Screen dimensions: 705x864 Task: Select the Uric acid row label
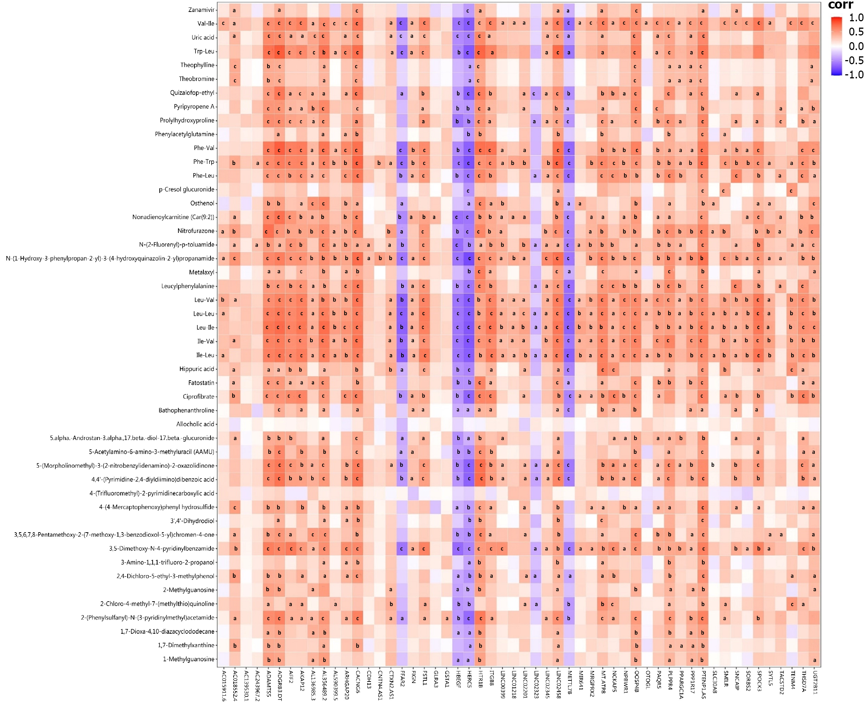click(x=203, y=37)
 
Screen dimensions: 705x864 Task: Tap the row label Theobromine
click(x=197, y=79)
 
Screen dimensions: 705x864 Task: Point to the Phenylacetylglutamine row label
click(x=184, y=134)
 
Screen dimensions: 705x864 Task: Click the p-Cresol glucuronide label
click(x=186, y=189)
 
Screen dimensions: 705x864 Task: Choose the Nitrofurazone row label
click(x=196, y=231)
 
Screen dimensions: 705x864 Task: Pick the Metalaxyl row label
click(x=202, y=272)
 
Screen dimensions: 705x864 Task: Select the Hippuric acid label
click(x=197, y=369)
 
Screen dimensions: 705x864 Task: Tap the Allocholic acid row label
click(x=195, y=424)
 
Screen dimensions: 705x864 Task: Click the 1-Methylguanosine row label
click(x=188, y=659)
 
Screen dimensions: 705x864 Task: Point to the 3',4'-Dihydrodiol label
click(x=192, y=521)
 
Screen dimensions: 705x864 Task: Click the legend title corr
click(x=840, y=5)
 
